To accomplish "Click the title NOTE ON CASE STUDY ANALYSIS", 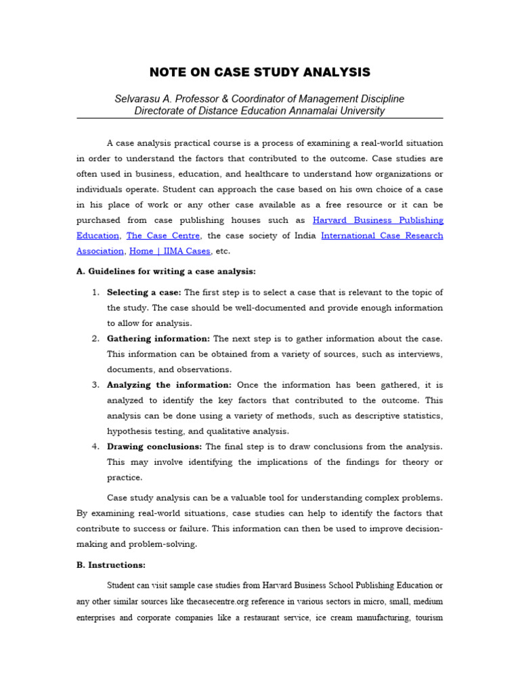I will point(259,73).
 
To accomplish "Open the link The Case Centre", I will point(163,236).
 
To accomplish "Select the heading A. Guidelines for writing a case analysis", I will point(166,272).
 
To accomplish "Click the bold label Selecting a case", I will point(144,293).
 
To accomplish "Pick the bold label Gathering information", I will point(158,339).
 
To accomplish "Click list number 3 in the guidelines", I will point(95,385).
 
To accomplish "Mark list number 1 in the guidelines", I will point(95,293).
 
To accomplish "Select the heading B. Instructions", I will point(111,565).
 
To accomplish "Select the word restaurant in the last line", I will point(279,618).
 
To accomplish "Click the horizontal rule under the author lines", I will point(259,119).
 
